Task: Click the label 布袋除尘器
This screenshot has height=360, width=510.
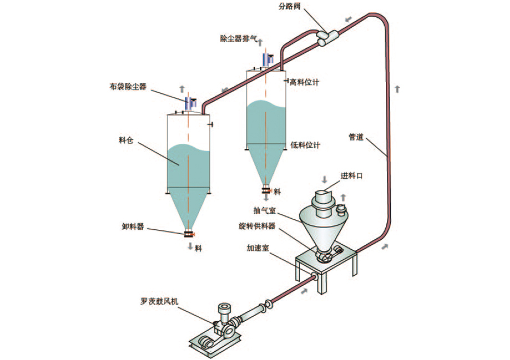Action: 128,86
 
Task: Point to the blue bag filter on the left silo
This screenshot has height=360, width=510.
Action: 190,103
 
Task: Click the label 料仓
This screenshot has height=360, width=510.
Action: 126,140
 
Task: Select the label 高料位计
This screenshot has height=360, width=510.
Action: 305,83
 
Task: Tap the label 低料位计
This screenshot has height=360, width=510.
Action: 305,145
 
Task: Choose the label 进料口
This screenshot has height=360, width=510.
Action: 352,176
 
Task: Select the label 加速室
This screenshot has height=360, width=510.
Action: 258,249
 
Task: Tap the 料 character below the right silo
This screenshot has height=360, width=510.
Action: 277,192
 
